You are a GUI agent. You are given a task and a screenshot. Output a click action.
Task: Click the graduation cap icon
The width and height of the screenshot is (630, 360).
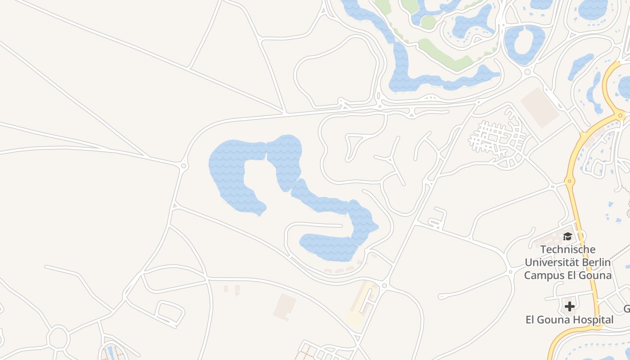pyautogui.click(x=567, y=236)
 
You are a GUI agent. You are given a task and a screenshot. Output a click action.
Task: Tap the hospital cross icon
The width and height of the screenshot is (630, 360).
pyautogui.click(x=569, y=306)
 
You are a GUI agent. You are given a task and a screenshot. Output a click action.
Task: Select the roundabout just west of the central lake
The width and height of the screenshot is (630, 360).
pyautogui.click(x=183, y=166)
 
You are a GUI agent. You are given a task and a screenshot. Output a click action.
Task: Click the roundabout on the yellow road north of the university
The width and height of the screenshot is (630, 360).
pyautogui.click(x=569, y=181)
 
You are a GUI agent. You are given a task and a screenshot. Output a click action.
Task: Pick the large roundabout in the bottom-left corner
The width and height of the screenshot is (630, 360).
pyautogui.click(x=58, y=338)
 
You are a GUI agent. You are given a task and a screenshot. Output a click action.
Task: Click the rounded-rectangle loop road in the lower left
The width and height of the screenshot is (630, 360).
pyautogui.click(x=170, y=313)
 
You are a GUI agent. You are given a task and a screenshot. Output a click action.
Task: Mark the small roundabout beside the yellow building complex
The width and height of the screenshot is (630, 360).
pyautogui.click(x=384, y=285)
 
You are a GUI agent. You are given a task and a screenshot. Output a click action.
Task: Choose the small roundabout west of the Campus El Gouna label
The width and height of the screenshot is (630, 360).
pyautogui.click(x=510, y=271)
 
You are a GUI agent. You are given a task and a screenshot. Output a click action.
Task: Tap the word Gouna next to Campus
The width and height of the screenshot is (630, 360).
pyautogui.click(x=591, y=275)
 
